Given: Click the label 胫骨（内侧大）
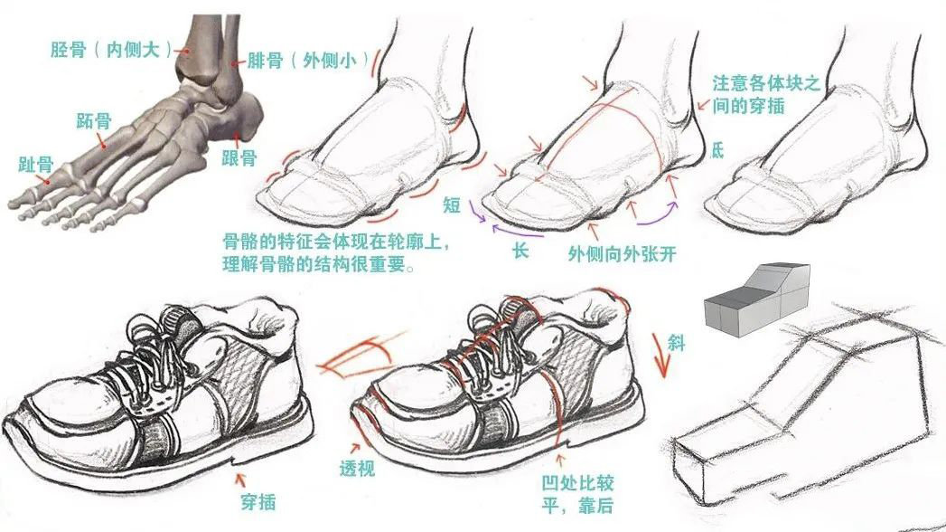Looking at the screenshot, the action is (x=111, y=49).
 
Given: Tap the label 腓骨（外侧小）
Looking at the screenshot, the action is (x=308, y=61).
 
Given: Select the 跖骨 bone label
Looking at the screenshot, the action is (x=93, y=120).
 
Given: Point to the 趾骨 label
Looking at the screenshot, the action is (x=35, y=165).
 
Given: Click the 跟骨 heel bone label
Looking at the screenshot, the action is (x=239, y=158).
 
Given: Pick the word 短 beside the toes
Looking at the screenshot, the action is (x=452, y=204).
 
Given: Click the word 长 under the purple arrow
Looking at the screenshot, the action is (x=520, y=250).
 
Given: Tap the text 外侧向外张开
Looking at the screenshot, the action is (x=622, y=253).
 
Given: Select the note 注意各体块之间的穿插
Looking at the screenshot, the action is (x=765, y=93).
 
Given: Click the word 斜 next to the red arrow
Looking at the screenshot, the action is (x=677, y=343).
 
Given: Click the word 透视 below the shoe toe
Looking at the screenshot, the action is (x=357, y=468).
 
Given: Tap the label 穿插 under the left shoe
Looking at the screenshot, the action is (x=258, y=501).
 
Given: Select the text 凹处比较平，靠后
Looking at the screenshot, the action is (x=577, y=494).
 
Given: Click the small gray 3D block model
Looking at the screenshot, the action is (x=757, y=299).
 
